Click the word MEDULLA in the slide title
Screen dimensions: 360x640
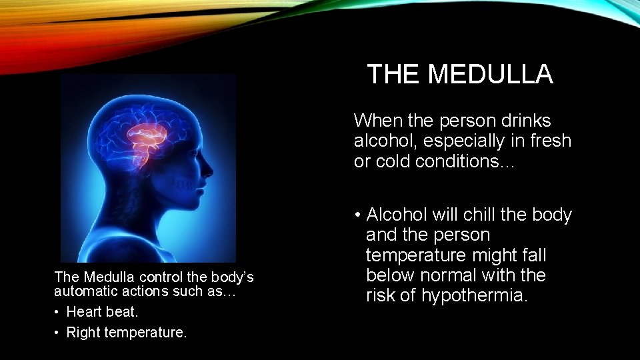491,74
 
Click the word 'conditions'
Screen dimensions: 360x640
463,161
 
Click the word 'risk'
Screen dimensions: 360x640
380,295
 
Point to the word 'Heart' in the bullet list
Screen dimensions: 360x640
84,311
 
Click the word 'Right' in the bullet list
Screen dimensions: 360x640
83,332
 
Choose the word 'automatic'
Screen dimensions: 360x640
84,291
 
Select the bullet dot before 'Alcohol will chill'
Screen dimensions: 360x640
358,215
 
